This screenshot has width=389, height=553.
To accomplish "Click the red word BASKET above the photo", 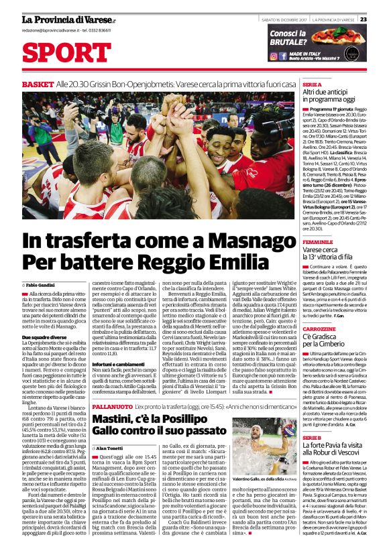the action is click(x=38, y=84).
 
